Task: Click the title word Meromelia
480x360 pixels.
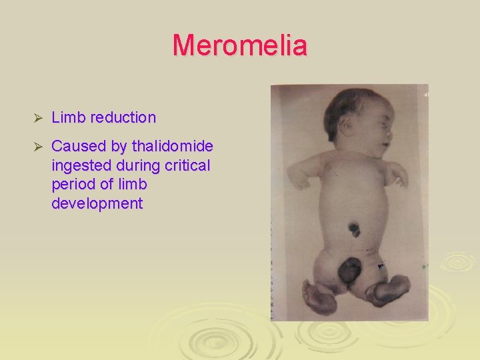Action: [x=240, y=46]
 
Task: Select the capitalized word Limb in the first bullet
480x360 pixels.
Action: [x=66, y=118]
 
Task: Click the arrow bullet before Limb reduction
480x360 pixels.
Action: [x=38, y=119]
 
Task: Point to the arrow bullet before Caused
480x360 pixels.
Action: [x=38, y=147]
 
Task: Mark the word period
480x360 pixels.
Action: [x=72, y=185]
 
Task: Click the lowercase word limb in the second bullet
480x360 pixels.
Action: [x=131, y=185]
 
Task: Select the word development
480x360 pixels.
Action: [x=97, y=204]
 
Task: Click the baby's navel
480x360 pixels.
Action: [x=353, y=230]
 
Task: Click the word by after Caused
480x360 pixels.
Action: [x=120, y=146]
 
